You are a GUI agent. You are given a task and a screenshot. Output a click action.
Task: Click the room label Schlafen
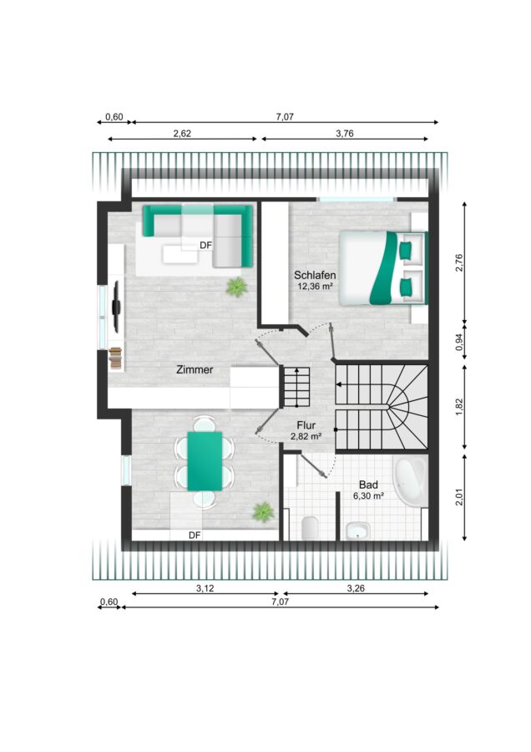(315, 275)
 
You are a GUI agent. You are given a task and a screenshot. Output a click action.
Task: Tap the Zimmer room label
(195, 370)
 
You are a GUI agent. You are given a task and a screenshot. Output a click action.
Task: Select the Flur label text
(306, 425)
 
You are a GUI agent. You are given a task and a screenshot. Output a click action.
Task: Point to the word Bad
(368, 485)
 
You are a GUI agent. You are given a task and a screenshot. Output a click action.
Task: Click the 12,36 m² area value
(316, 287)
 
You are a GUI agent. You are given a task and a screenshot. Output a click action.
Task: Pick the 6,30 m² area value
(368, 496)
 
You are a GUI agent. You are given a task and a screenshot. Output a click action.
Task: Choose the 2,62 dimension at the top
(182, 134)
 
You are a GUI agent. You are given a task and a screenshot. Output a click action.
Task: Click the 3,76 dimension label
(345, 134)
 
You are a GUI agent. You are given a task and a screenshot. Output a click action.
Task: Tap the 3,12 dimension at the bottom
(205, 588)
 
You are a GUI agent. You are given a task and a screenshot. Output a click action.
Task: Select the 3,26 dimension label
(356, 588)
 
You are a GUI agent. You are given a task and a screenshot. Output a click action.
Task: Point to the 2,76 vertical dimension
(459, 263)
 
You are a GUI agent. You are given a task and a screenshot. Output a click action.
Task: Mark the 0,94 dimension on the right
(459, 343)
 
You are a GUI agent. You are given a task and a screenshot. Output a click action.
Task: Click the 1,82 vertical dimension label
(459, 407)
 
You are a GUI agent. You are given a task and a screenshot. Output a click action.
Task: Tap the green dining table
(205, 461)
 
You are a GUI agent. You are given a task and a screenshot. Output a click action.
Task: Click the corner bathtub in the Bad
(410, 480)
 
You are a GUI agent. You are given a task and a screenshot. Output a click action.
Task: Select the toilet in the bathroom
(311, 529)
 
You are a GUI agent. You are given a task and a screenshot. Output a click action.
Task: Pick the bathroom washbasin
(358, 531)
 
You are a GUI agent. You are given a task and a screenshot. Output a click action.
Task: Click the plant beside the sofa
(236, 287)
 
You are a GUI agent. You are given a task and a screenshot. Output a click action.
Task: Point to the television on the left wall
(115, 306)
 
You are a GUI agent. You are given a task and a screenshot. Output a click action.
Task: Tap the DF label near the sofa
(205, 246)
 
